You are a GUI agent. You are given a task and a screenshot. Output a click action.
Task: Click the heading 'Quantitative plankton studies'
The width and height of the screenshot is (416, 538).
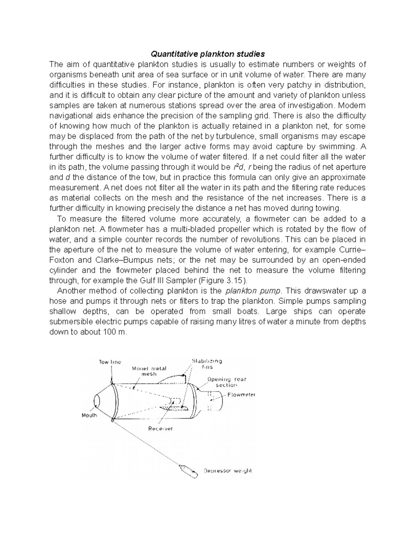point(207,54)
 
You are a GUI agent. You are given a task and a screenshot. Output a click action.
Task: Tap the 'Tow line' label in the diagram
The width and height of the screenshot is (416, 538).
point(110,362)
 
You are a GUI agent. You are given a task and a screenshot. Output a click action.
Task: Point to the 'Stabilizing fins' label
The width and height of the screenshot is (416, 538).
point(207,364)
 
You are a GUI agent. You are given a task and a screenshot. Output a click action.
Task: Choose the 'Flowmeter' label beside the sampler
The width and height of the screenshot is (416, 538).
point(242,395)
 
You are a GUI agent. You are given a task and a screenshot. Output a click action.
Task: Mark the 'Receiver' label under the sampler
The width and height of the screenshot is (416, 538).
point(161,429)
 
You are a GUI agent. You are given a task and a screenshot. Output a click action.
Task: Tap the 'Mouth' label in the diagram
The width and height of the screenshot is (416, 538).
point(89,415)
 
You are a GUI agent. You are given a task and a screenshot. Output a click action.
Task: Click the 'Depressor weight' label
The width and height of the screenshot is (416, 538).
point(227,471)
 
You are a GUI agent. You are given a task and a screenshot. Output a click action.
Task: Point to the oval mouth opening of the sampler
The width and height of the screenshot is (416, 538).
point(97,401)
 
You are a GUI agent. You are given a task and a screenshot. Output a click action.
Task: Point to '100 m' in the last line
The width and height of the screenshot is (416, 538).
point(115,332)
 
